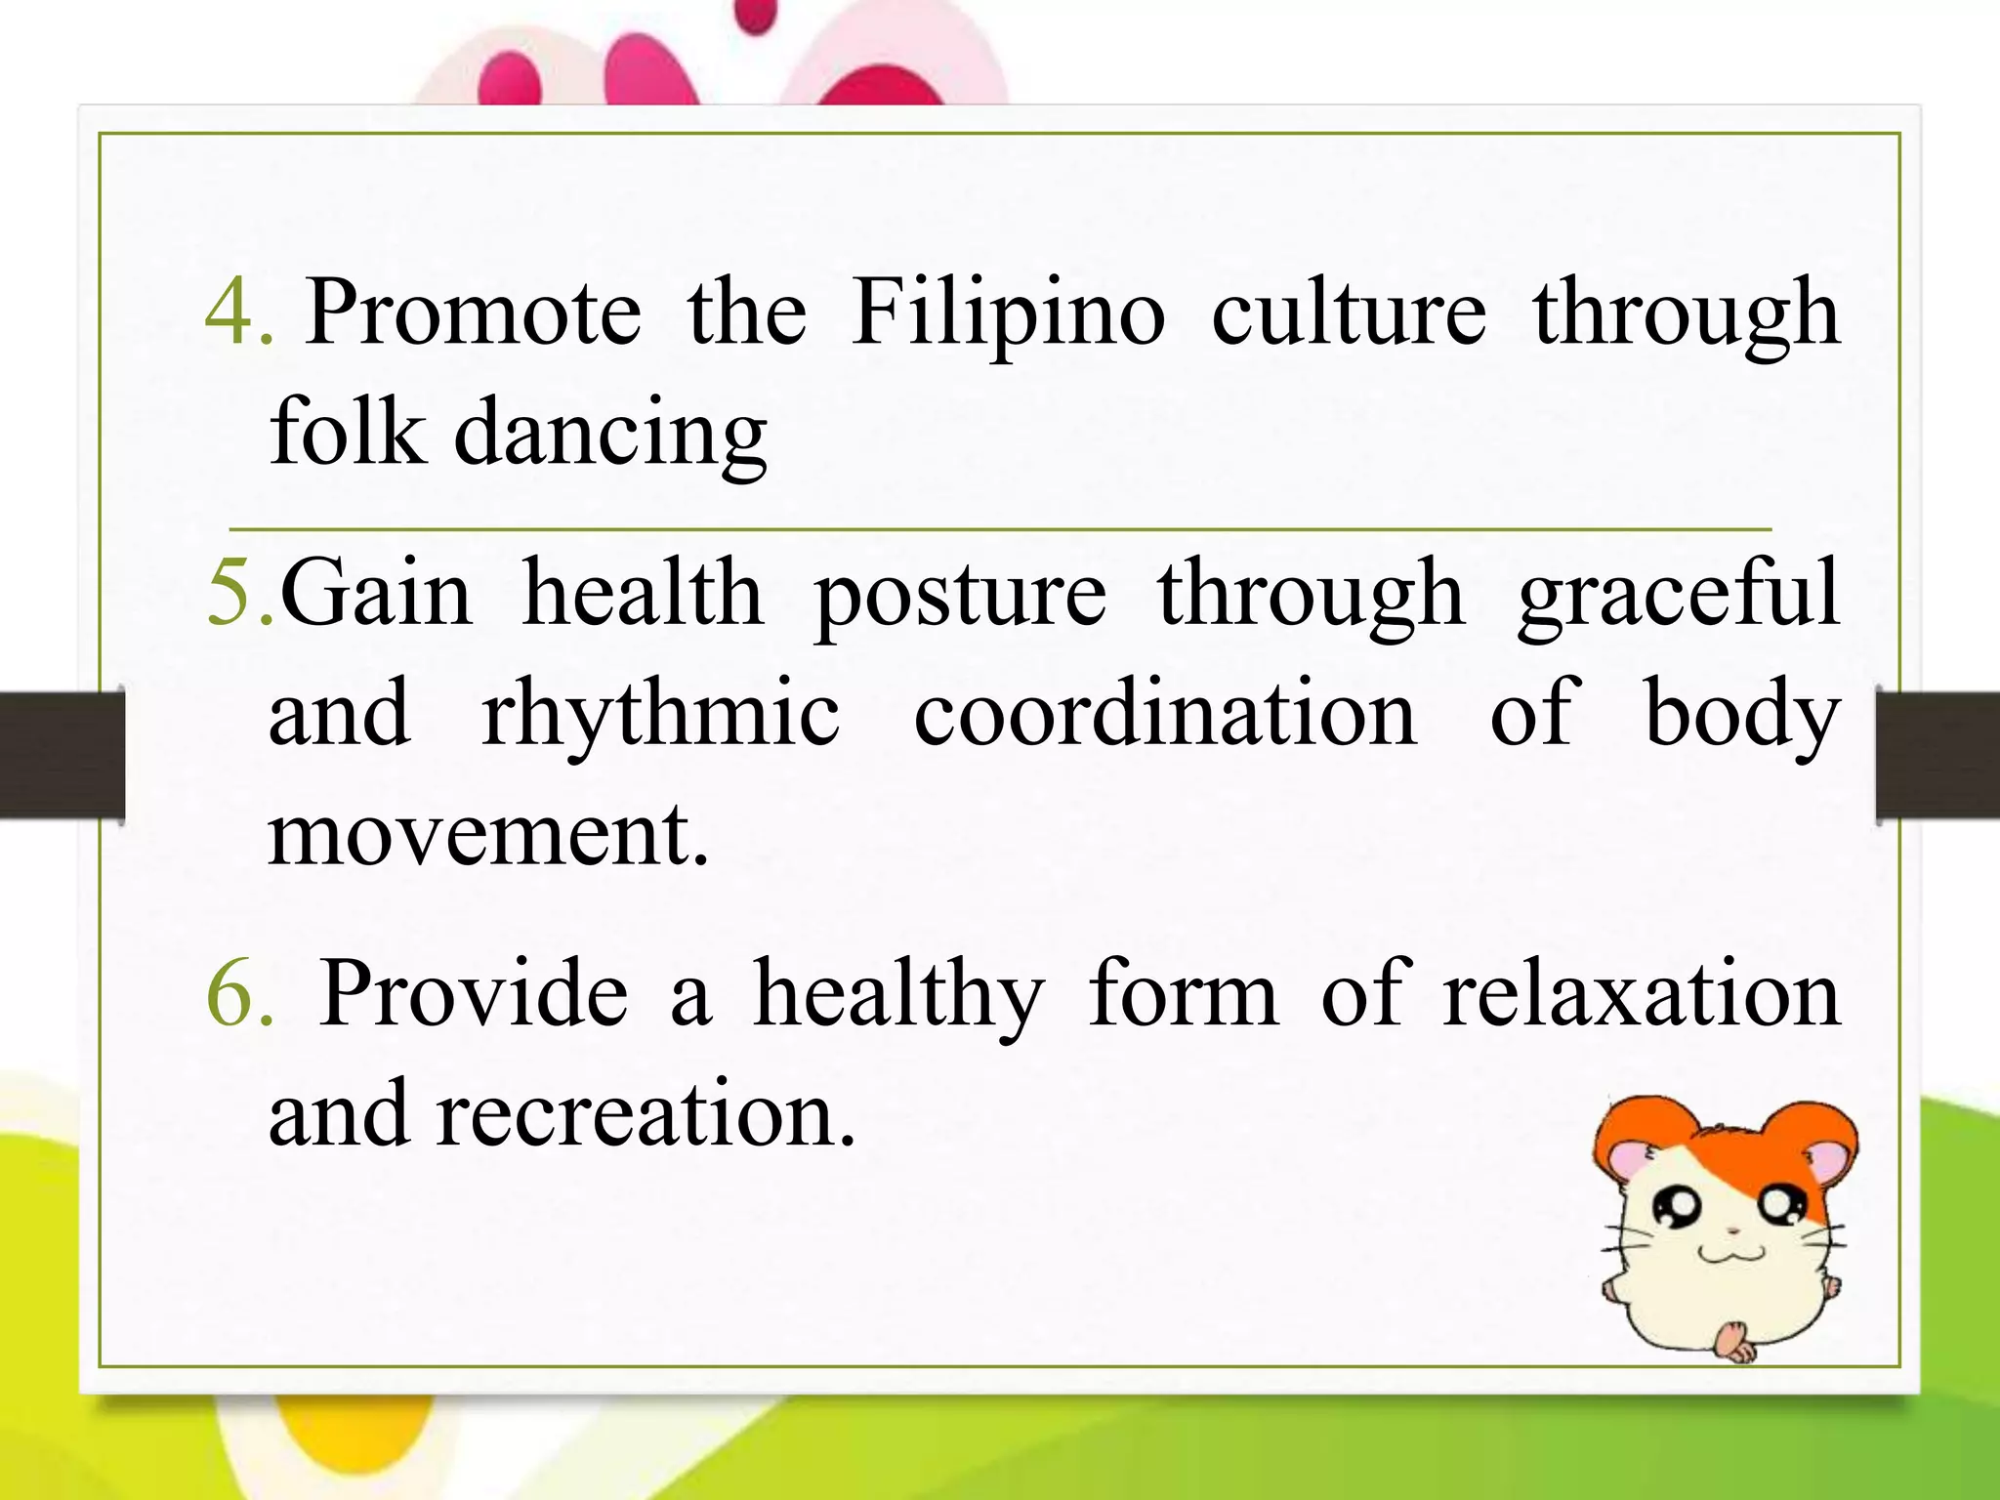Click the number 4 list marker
tap(237, 312)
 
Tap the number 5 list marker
tap(240, 593)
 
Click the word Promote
tap(474, 312)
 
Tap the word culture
tap(1349, 312)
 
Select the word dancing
tap(610, 434)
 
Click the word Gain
tap(376, 593)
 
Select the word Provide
tap(474, 993)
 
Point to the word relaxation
tap(1641, 995)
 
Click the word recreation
tap(646, 1115)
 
